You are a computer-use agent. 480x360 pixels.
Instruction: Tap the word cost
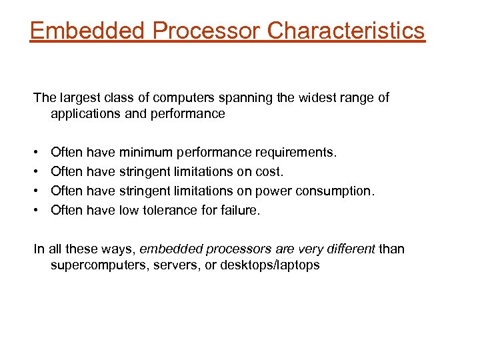click(x=269, y=172)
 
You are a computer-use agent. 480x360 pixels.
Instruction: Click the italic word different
click(x=351, y=249)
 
